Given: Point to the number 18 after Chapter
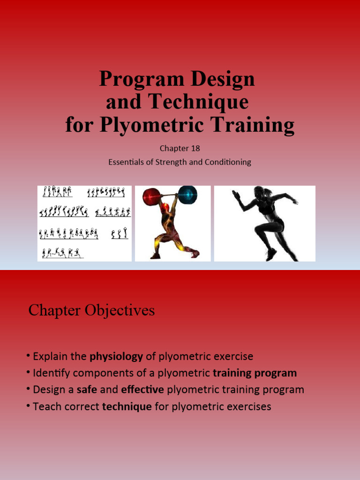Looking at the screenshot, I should (195, 148).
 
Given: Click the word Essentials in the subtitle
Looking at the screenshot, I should (126, 162).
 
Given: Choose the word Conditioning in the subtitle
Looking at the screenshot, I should (229, 162).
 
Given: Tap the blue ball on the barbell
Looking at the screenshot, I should (187, 194).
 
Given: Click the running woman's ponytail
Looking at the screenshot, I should (269, 193).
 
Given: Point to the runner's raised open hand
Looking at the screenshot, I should (236, 195).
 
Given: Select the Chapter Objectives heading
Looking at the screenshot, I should (91, 310).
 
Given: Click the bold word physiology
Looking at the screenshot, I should (116, 357).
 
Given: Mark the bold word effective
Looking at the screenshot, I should (142, 390).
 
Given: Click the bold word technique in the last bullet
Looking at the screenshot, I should (127, 406).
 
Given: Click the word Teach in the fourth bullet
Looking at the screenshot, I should (45, 406).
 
